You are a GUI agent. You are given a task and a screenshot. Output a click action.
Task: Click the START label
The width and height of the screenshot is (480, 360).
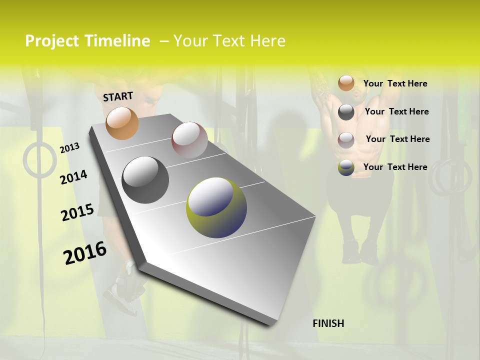point(118,96)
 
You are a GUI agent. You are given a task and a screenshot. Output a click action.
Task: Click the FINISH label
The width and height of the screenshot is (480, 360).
point(328,323)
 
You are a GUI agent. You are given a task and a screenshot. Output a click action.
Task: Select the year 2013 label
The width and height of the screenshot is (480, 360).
point(69,148)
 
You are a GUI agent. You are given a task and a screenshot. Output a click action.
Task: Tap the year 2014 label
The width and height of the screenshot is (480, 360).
point(73,177)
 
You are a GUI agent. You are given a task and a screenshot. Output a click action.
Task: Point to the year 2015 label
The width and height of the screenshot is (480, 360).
point(77,212)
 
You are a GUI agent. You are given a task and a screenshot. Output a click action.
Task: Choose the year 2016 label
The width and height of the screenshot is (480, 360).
point(85,253)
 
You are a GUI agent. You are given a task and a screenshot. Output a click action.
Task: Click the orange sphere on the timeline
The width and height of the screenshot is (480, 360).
point(122,123)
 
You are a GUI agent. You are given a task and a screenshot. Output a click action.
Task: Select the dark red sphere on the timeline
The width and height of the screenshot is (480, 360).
point(189,140)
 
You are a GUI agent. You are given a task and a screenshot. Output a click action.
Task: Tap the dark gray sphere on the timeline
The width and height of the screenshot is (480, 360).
point(145,180)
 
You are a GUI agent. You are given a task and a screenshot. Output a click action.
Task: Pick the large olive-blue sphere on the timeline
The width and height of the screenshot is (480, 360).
point(216,207)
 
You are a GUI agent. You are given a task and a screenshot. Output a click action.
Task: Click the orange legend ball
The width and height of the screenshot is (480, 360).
point(346,83)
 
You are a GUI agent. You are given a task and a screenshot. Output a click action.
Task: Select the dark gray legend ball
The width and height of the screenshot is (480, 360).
point(346,112)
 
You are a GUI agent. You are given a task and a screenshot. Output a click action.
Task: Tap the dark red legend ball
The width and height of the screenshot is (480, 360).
point(346,139)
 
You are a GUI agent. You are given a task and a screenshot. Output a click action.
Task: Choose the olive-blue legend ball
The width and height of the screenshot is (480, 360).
point(346,167)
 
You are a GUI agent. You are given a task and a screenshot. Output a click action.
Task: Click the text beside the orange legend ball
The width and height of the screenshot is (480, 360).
point(395,83)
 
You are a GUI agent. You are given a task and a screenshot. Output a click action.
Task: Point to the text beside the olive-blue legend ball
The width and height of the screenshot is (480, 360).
point(395,167)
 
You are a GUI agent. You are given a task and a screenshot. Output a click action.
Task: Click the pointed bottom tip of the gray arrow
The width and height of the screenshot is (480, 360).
point(270,324)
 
